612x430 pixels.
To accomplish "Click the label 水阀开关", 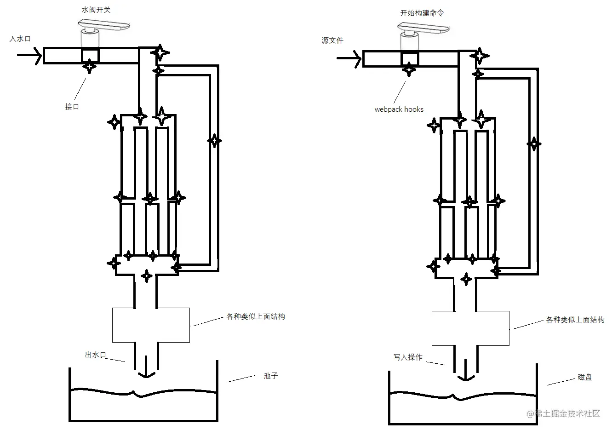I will click(x=96, y=10).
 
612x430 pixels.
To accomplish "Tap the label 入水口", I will click(x=20, y=39).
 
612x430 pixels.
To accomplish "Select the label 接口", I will click(x=72, y=106).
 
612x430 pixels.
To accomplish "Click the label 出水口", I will click(x=96, y=355).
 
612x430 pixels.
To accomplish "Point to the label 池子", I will click(x=271, y=376).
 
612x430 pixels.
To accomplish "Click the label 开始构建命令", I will click(x=422, y=13).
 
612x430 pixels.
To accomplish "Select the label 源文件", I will click(x=332, y=40).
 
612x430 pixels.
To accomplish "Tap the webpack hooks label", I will click(x=399, y=109).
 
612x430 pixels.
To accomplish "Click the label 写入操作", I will click(x=407, y=357).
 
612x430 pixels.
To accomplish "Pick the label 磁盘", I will click(x=584, y=377).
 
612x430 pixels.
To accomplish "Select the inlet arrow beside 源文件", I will click(x=349, y=58).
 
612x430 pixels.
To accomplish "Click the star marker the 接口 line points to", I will click(x=90, y=67).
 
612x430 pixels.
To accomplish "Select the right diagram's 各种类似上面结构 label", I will click(x=575, y=320).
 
